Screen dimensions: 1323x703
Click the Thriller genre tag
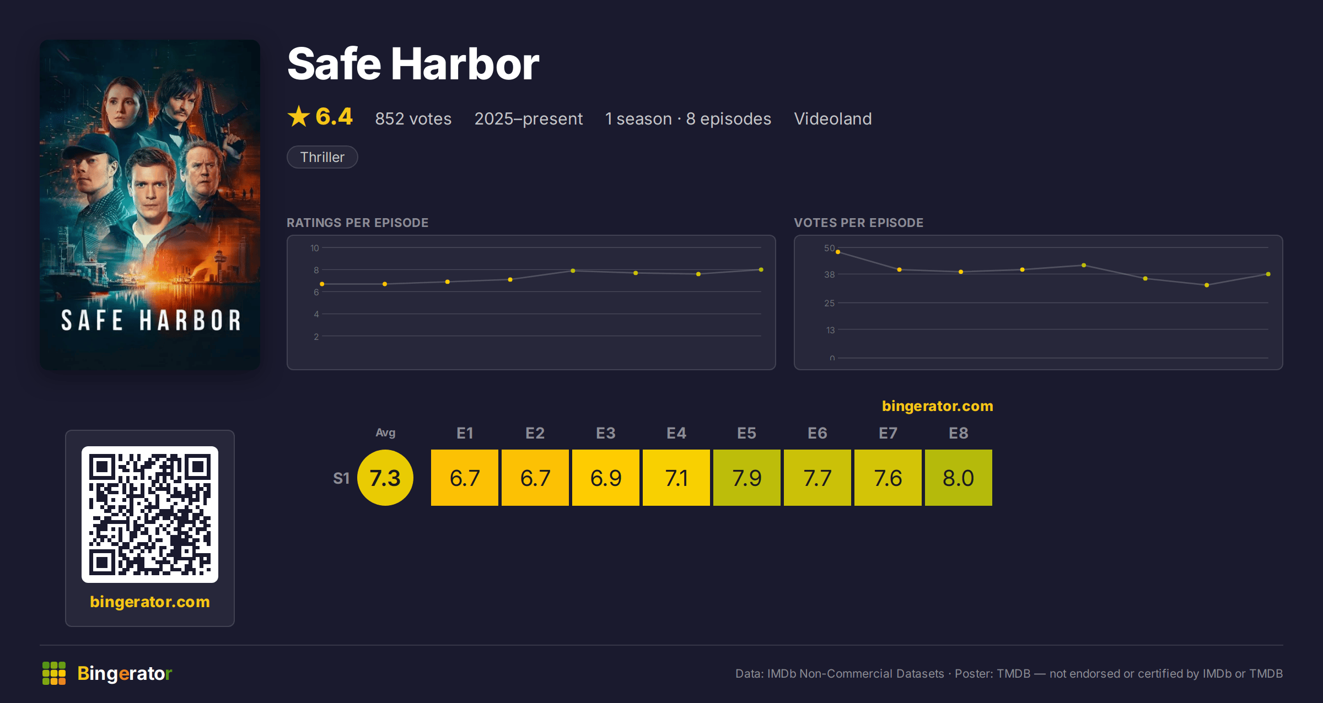[x=322, y=157]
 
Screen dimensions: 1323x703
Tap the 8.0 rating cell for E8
[x=959, y=478]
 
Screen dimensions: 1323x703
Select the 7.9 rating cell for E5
[x=747, y=478]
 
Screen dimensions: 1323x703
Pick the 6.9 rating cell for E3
[x=606, y=478]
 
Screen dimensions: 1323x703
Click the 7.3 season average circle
[x=385, y=478]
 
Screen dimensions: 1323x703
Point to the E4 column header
[x=676, y=433]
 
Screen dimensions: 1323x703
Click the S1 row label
[x=341, y=478]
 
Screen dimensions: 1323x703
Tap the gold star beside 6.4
[x=299, y=116]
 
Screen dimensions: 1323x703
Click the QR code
[x=150, y=515]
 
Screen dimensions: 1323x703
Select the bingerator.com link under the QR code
[x=150, y=602]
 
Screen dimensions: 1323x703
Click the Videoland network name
[x=833, y=118]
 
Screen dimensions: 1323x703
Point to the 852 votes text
[x=413, y=118]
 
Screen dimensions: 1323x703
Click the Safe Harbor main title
[x=413, y=64]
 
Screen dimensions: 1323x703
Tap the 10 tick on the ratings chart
[x=315, y=248]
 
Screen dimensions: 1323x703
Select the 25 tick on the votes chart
[x=830, y=303]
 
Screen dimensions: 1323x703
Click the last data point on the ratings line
[x=761, y=269]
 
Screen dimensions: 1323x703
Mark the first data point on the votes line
[x=838, y=252]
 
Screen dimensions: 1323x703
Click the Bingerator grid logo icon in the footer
[x=54, y=673]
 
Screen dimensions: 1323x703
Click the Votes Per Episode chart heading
[x=858, y=223]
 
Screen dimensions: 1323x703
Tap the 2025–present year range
[x=529, y=118]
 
